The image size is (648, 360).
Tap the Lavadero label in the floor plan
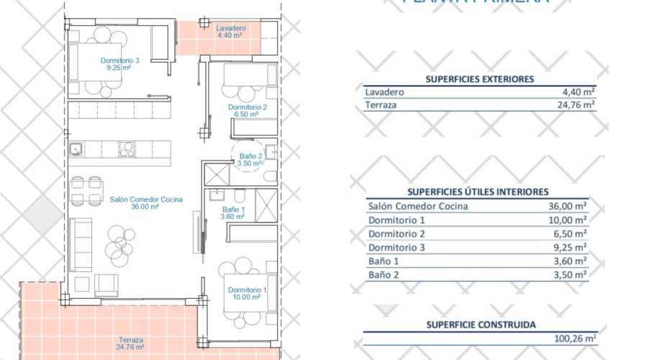230,29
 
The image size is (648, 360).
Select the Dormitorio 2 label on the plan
247,107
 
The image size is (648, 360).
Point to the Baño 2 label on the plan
251,155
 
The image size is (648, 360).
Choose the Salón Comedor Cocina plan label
145,199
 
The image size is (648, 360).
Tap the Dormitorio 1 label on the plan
247,289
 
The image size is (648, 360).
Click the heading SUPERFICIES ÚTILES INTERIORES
477,192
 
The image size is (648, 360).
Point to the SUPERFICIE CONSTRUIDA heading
480,325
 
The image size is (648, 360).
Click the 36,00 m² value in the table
567,206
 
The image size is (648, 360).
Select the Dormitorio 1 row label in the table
397,220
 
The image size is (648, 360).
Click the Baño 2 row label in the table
385,274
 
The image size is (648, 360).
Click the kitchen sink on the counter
75,149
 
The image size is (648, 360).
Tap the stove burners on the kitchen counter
127,149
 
